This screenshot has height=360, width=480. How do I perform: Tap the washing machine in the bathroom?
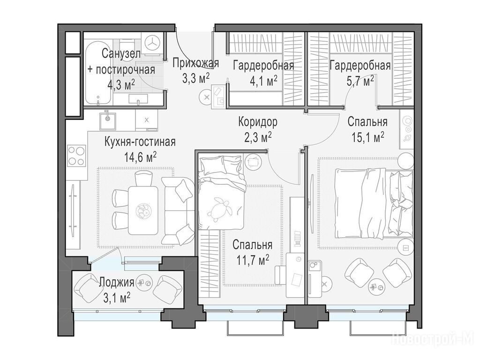click(x=152, y=44)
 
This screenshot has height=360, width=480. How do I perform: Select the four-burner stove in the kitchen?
click(x=76, y=156)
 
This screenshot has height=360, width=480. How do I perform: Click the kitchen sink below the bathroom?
click(x=107, y=121)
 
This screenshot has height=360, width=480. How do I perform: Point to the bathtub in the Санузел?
click(x=98, y=74)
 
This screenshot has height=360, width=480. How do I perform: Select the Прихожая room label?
click(x=195, y=63)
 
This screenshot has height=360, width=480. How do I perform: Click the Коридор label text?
click(x=258, y=122)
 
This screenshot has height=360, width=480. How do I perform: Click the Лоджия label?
click(x=117, y=282)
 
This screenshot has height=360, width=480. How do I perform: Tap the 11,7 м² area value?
click(x=253, y=260)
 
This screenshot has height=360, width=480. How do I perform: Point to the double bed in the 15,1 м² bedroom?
click(x=374, y=203)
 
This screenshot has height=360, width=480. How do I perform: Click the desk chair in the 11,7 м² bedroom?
click(x=280, y=275)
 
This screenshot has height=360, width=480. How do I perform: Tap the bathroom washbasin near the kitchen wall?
click(x=138, y=99)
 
